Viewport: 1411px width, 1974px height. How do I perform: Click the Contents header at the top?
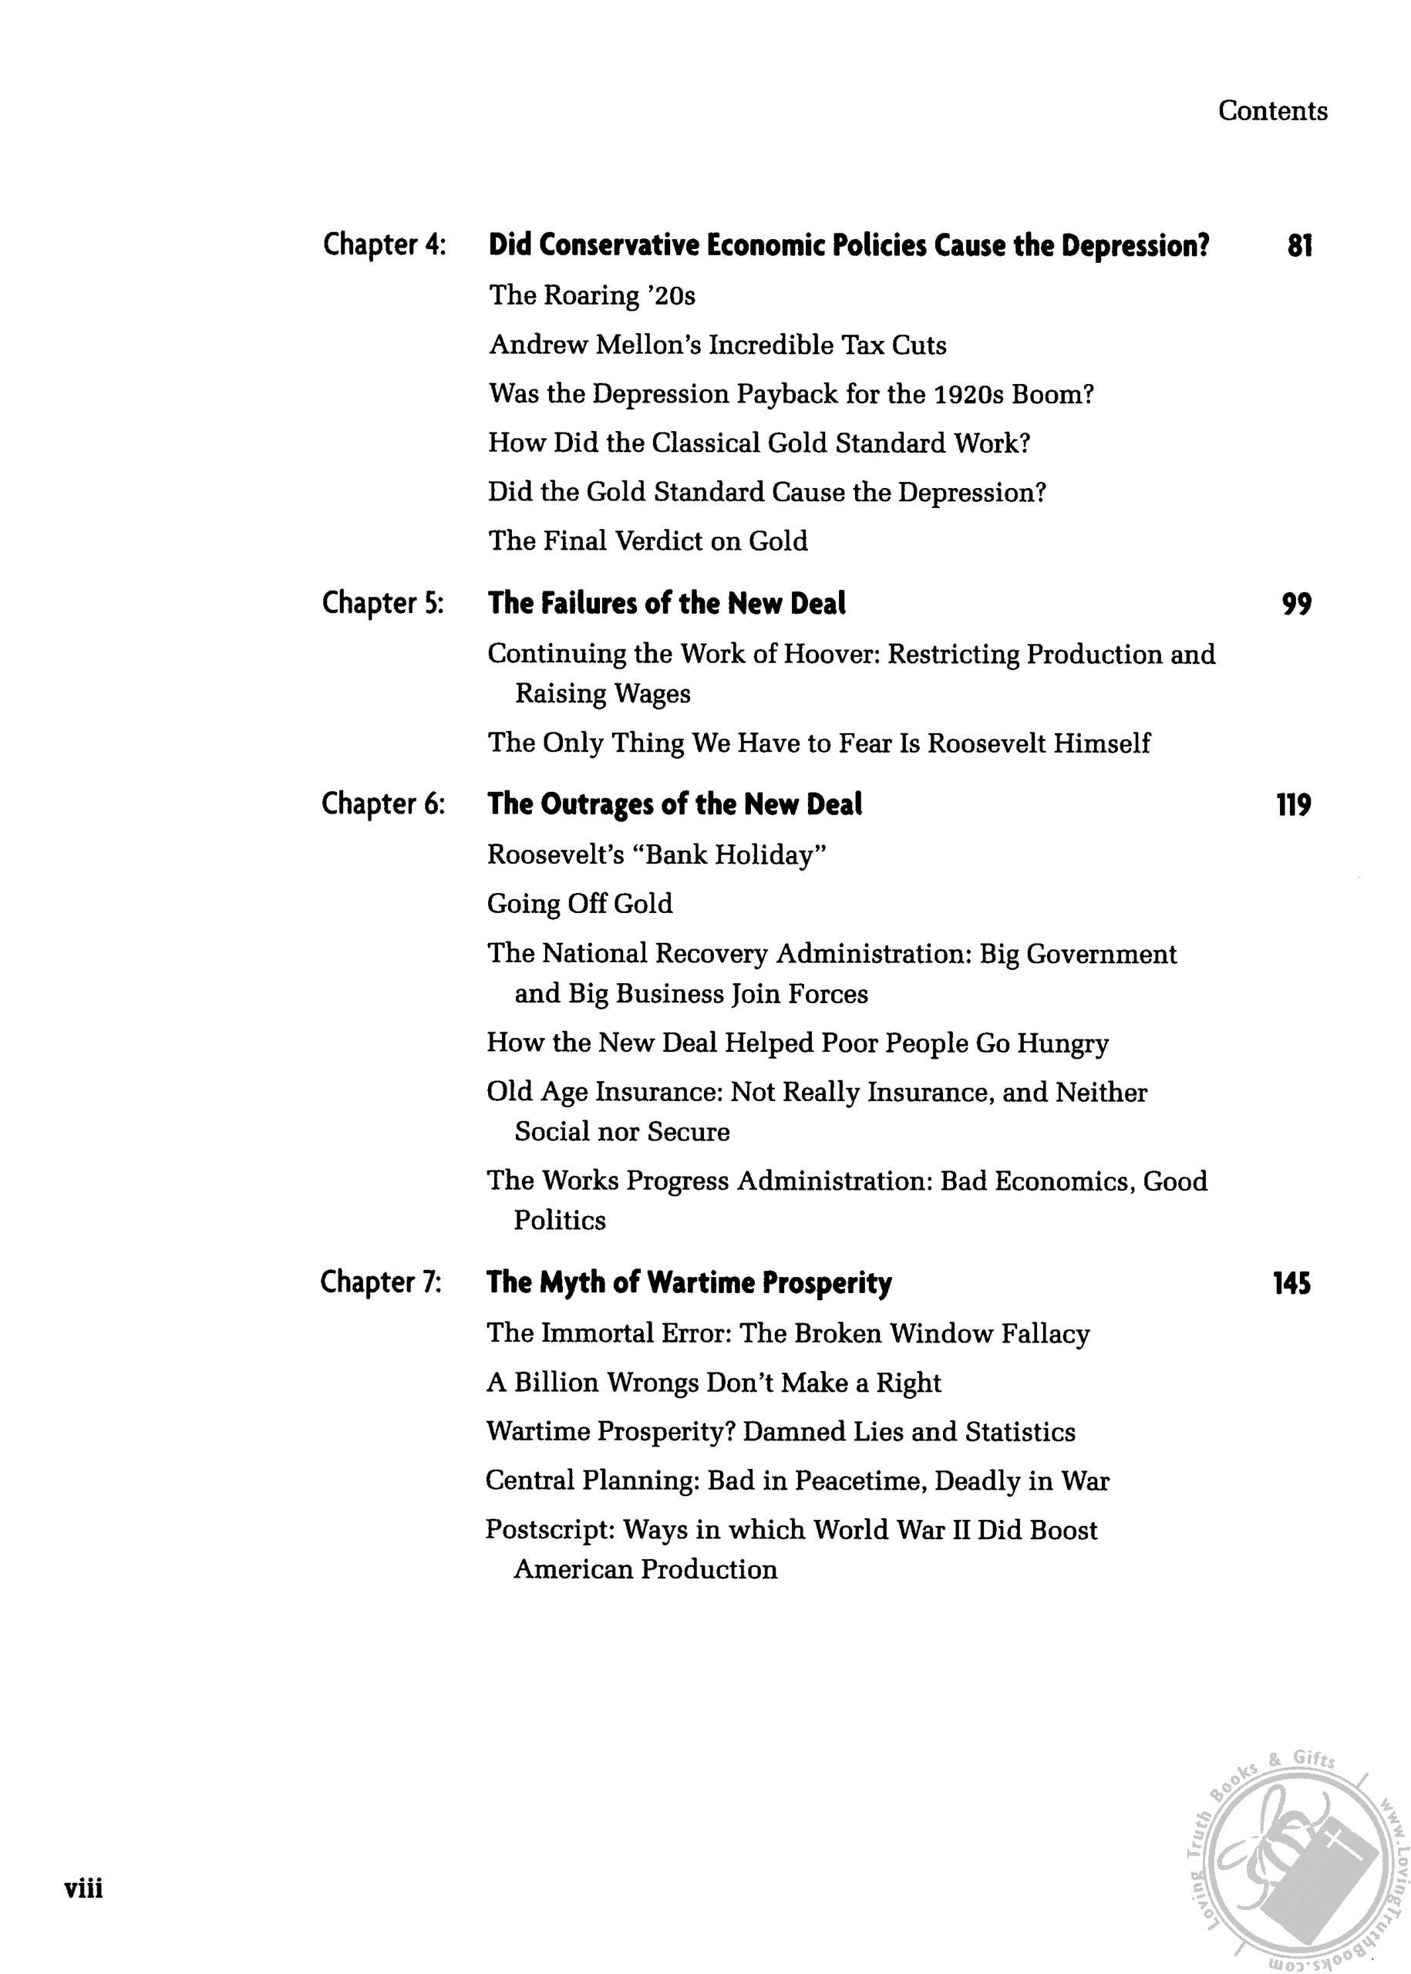(1272, 111)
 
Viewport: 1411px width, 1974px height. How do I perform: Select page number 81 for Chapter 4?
(1299, 246)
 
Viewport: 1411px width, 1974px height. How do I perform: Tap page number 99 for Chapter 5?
(1296, 604)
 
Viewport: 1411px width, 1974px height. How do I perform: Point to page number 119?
(1293, 806)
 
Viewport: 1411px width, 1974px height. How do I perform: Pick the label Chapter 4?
(384, 245)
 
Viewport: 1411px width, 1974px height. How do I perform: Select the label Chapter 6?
(383, 804)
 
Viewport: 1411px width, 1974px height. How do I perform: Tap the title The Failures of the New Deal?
(666, 604)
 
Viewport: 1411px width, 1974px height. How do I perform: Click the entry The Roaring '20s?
(591, 296)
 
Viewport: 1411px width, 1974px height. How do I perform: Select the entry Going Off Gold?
(580, 904)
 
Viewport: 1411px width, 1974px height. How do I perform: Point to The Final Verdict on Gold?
(648, 541)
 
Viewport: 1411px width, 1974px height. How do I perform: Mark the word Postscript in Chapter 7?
(549, 1530)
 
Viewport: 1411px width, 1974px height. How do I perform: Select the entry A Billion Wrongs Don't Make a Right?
(713, 1383)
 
